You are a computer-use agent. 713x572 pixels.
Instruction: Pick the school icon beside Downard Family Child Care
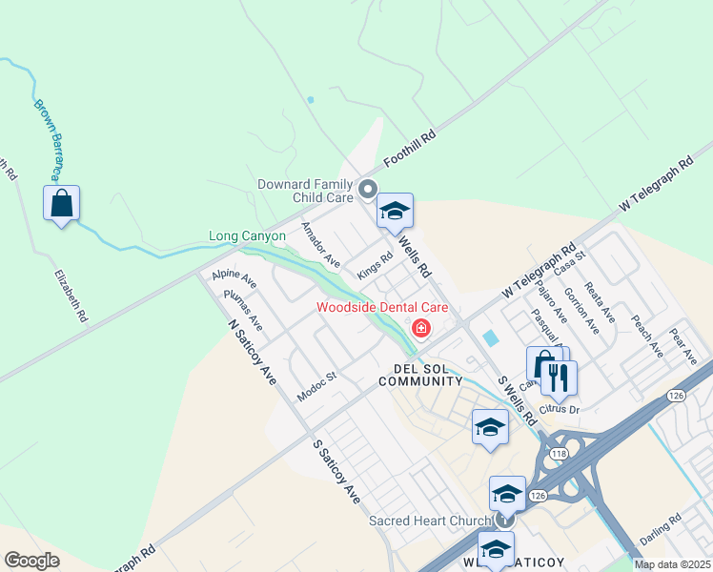click(394, 212)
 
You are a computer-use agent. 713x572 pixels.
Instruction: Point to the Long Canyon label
click(247, 235)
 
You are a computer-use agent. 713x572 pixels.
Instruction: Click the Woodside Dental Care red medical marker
click(419, 329)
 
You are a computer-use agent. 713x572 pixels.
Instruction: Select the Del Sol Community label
click(420, 374)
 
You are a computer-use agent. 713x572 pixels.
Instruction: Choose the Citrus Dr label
click(559, 409)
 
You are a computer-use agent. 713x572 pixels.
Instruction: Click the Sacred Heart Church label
click(431, 521)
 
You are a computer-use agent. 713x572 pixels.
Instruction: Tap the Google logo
click(31, 561)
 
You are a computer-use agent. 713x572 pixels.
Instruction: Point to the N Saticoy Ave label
click(253, 352)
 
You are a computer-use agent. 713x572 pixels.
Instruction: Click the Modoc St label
click(317, 384)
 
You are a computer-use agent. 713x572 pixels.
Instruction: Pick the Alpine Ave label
click(234, 278)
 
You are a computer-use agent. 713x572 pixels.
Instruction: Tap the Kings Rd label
click(375, 264)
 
